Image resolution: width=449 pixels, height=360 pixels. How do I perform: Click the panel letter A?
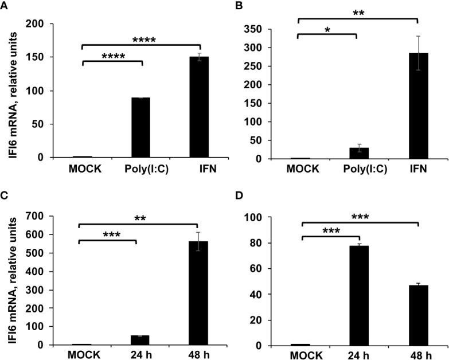5,5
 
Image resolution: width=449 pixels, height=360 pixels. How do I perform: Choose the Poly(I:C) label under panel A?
140,170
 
